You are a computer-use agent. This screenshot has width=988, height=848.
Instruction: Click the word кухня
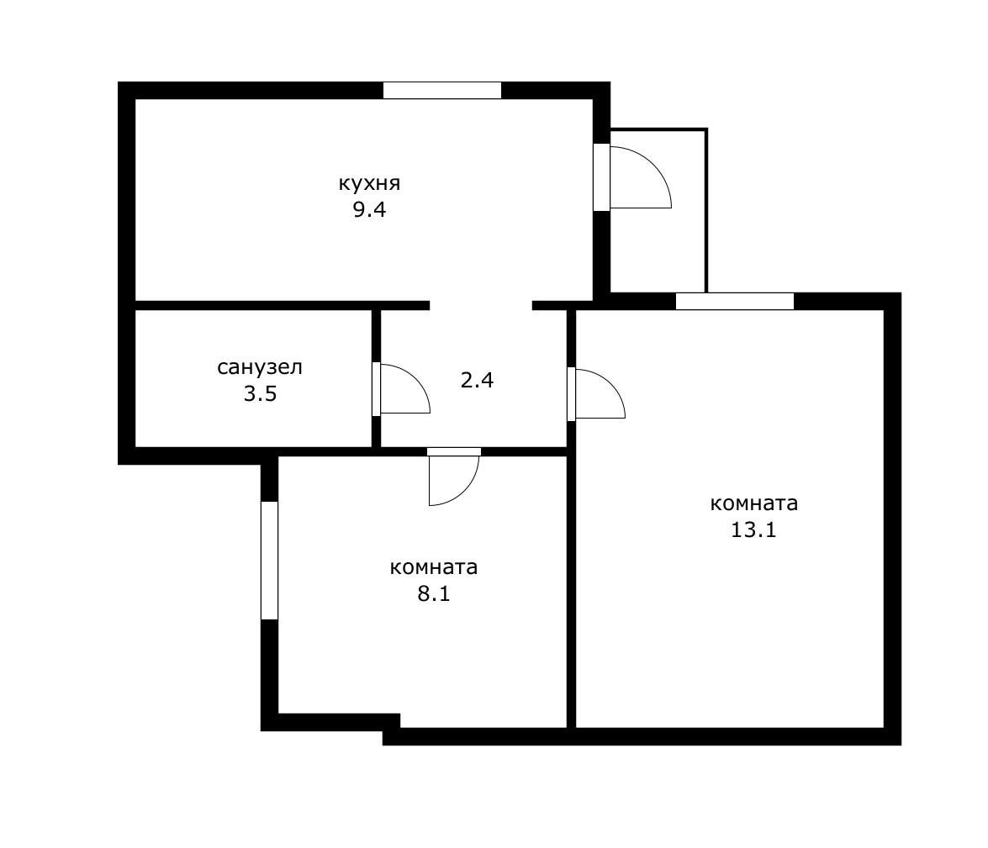tap(368, 183)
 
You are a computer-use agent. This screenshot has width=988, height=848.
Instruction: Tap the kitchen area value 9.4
tap(368, 210)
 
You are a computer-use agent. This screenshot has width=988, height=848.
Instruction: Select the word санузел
tap(259, 367)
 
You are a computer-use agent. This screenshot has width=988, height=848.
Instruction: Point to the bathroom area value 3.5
tap(259, 394)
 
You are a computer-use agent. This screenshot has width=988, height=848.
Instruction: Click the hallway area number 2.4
tap(477, 380)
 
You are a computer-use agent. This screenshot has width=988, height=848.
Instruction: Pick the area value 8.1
tap(434, 594)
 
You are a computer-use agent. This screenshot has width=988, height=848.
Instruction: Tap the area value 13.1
tap(753, 530)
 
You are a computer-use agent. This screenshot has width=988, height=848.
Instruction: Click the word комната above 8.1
tap(434, 567)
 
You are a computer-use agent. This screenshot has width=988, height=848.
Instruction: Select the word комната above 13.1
tap(753, 503)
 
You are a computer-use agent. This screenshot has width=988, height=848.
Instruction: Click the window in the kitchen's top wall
tap(441, 91)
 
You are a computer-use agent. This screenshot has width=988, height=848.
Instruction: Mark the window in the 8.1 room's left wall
tap(269, 561)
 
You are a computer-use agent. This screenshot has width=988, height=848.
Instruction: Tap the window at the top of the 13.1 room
tap(734, 301)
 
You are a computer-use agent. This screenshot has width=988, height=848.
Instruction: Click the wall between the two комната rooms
tap(571, 588)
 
